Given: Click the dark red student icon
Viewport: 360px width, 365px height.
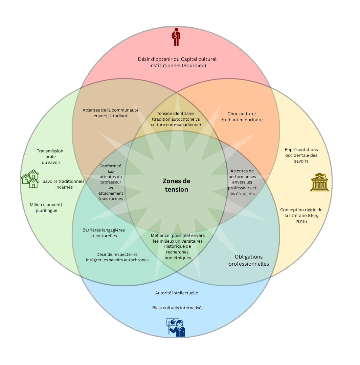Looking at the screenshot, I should point(176,37).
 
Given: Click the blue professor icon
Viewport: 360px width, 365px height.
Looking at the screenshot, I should point(176,327).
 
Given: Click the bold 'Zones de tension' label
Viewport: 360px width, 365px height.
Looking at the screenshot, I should point(176,185).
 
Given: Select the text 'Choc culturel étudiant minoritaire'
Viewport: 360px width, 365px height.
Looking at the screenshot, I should point(241,117).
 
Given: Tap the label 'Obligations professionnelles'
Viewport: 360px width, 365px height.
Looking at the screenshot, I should point(248,260).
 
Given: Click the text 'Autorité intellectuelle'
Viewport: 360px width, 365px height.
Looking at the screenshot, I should point(176,293).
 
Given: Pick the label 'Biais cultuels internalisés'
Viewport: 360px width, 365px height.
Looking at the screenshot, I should point(178,308).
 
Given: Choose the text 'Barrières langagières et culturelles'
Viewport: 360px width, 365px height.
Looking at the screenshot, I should point(104,233).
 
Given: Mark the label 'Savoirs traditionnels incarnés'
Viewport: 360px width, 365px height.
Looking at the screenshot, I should point(64,184).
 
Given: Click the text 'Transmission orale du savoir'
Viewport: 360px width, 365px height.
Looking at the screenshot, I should point(50,157).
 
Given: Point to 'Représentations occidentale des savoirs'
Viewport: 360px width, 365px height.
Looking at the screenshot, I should point(301,155).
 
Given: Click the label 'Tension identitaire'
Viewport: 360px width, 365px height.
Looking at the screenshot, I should point(175,114).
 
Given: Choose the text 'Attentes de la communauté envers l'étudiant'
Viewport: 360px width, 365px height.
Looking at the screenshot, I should point(110,113).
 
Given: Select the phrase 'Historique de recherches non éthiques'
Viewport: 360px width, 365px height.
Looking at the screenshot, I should point(177,252).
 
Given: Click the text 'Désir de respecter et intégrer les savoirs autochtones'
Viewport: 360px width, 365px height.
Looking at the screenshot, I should point(117,257).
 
